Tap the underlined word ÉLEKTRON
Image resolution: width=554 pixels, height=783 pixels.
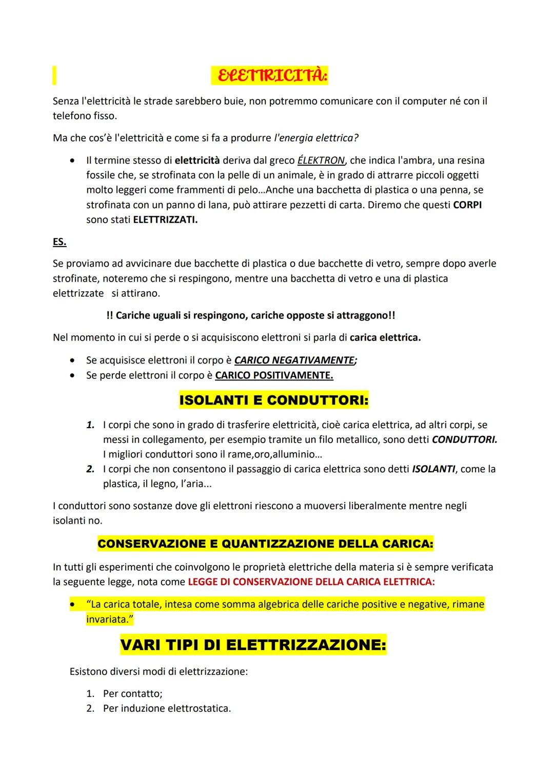[321, 160]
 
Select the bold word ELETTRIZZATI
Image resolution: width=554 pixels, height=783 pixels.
[165, 220]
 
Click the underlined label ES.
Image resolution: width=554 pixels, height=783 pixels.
[60, 242]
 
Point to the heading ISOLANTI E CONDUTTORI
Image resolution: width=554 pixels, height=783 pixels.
[273, 400]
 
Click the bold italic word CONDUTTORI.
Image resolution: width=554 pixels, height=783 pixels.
[464, 439]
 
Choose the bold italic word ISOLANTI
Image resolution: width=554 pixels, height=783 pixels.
[433, 469]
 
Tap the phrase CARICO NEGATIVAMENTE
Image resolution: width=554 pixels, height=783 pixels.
[294, 360]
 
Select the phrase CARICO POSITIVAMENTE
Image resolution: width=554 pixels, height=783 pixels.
[274, 375]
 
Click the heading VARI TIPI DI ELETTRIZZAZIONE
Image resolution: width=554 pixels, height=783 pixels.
[253, 645]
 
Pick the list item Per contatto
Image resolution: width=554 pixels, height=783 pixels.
[132, 694]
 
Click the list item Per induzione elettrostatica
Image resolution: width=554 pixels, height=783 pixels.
[167, 709]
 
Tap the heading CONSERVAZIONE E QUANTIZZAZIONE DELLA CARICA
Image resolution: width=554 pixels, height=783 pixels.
[265, 544]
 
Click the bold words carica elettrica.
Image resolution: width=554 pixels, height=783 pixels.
[385, 338]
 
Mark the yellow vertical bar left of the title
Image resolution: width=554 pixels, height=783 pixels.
[54, 75]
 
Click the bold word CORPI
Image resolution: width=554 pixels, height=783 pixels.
[467, 205]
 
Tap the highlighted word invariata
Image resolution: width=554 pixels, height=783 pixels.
[109, 619]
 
